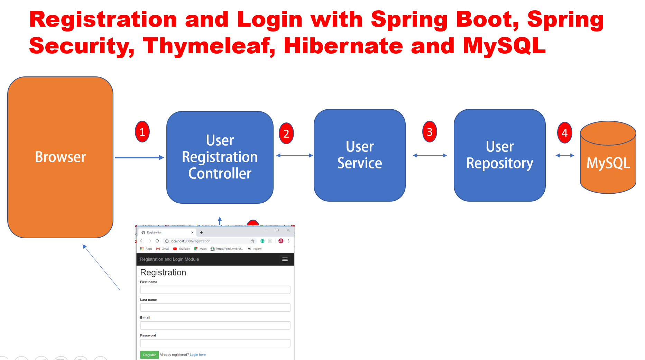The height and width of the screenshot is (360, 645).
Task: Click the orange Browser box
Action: point(60,157)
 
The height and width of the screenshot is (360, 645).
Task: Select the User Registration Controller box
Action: point(220,157)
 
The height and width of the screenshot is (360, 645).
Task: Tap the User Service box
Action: point(359,155)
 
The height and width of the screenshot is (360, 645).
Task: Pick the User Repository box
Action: point(499,155)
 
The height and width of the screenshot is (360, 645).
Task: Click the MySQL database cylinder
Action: point(608,163)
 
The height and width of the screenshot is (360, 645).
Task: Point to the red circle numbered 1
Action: point(142,132)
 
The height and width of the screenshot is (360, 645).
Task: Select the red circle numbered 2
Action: point(286,133)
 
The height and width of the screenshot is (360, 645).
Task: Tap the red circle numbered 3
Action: point(430,132)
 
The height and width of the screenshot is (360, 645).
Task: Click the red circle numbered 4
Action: point(564,133)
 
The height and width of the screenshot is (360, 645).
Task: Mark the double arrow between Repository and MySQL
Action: point(565,156)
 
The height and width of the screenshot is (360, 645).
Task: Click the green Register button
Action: point(149,355)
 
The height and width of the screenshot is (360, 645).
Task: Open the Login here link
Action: point(197,355)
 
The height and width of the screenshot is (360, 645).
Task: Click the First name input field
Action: point(215,290)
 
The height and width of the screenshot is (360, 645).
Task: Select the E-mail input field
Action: point(215,325)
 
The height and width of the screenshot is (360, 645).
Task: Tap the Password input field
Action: point(215,343)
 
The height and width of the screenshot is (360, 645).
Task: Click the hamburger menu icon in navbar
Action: point(285,259)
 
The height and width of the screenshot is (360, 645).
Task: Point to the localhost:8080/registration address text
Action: point(190,241)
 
